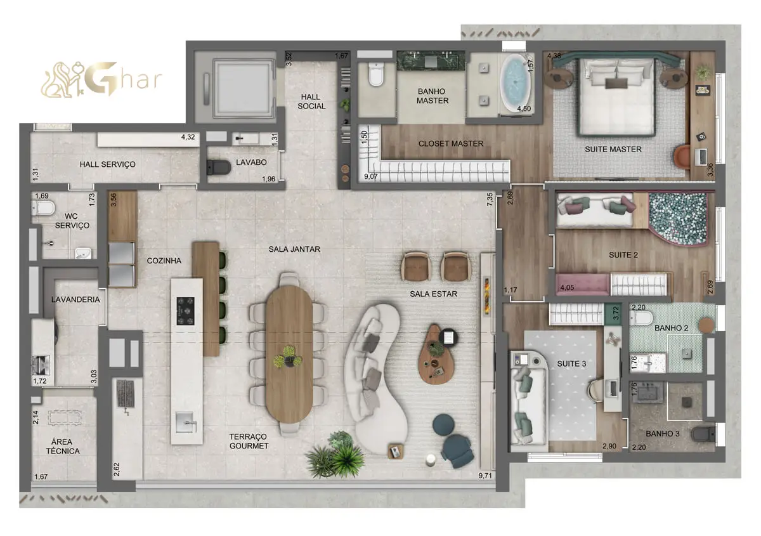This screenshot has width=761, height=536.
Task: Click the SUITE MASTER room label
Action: (x=613, y=149)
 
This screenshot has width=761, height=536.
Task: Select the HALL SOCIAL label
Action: (x=311, y=101)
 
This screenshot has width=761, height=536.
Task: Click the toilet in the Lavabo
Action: (x=218, y=167)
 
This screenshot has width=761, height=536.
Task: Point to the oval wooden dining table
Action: (x=289, y=354)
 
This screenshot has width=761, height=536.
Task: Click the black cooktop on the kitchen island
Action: (x=185, y=311)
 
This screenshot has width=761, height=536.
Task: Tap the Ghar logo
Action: (x=101, y=79)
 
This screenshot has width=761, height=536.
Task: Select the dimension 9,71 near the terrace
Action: (x=485, y=476)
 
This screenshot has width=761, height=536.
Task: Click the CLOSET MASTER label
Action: (x=450, y=144)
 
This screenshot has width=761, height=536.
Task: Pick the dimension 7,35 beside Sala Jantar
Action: (x=490, y=200)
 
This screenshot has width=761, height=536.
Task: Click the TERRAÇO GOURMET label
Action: (x=249, y=441)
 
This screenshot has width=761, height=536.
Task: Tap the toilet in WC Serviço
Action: (x=43, y=208)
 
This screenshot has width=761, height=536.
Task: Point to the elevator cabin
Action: (x=243, y=88)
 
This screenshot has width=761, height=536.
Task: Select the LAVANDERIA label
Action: (x=75, y=299)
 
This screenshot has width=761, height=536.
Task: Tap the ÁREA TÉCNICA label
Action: (x=63, y=447)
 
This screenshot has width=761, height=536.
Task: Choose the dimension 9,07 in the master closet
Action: (x=370, y=176)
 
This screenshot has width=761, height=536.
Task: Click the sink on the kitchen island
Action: (x=185, y=422)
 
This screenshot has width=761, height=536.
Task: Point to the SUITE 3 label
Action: (x=571, y=363)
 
